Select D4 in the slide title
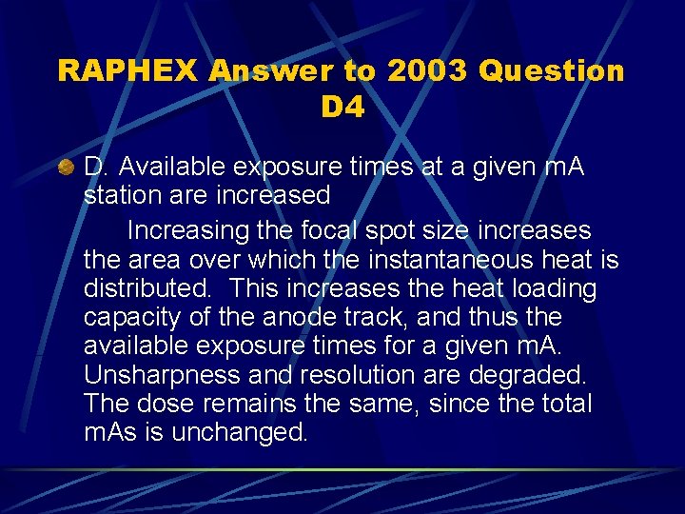(342, 108)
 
